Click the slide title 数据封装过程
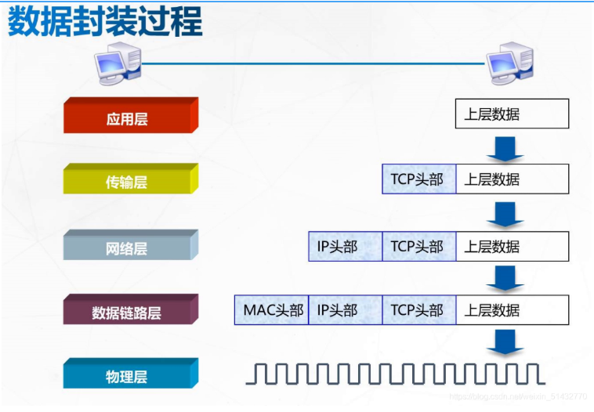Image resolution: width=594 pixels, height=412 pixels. (x=105, y=23)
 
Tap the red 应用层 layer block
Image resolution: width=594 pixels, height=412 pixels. (x=128, y=117)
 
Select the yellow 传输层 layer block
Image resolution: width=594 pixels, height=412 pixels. (x=128, y=182)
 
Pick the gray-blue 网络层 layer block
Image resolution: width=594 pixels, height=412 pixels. (x=128, y=248)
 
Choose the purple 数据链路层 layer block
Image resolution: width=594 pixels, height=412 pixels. (x=128, y=313)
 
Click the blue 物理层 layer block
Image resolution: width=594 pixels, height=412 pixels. (x=128, y=376)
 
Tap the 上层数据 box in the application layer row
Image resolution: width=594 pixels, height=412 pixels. (x=512, y=114)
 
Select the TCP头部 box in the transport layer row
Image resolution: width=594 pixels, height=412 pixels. (x=418, y=179)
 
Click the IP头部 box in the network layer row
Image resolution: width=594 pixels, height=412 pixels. (x=345, y=246)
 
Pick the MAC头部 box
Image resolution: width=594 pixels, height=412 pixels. (x=271, y=310)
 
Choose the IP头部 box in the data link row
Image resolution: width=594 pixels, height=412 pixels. (x=345, y=310)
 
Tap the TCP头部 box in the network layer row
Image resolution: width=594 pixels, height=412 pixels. (x=418, y=246)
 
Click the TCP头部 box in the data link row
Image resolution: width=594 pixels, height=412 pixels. (x=418, y=310)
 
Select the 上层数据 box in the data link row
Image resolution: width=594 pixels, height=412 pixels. (x=512, y=310)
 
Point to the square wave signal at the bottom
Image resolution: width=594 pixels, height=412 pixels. (x=395, y=374)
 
